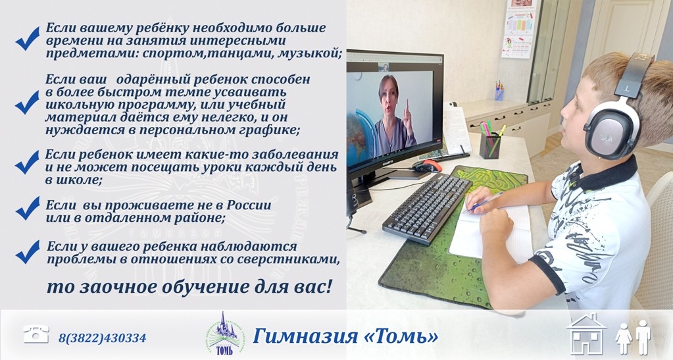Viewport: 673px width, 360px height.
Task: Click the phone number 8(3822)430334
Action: (x=102, y=338)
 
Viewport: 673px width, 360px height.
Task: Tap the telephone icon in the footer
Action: (x=36, y=334)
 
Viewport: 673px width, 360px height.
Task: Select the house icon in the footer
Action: (x=586, y=334)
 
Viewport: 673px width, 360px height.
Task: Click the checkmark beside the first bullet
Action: (x=28, y=39)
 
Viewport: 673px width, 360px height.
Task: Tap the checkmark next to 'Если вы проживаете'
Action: (x=28, y=209)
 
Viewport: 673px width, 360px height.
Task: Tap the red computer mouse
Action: (x=427, y=166)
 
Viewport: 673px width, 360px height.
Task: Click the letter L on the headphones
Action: (x=627, y=89)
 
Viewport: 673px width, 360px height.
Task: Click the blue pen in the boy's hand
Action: (x=484, y=202)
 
